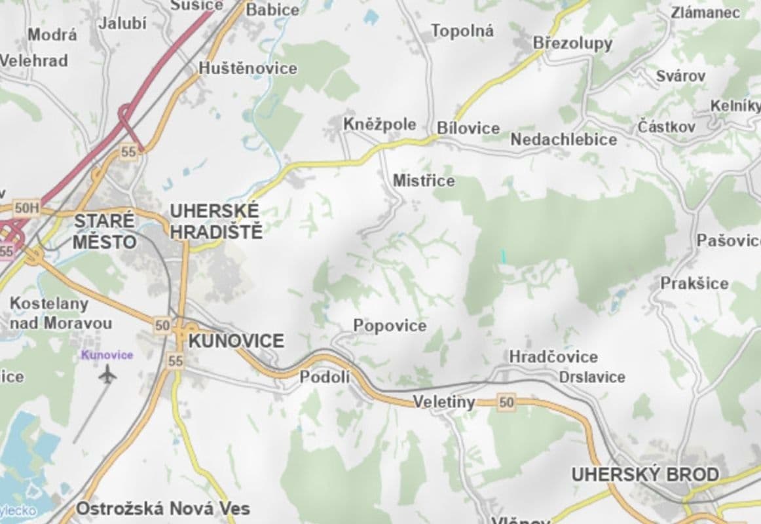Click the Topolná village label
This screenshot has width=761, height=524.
point(462,31)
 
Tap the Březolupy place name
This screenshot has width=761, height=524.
point(572,43)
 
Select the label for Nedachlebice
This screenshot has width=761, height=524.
point(563,140)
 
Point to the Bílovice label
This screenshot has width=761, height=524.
point(468,128)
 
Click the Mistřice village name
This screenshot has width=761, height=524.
point(424,181)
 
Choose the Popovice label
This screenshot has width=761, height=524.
point(390,326)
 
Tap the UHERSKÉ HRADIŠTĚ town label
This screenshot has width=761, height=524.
point(215,221)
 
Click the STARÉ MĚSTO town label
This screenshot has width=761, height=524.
point(104,231)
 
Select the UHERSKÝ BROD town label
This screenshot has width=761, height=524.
point(645,474)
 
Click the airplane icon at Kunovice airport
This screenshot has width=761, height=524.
point(107,375)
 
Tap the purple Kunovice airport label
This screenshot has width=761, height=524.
point(107,355)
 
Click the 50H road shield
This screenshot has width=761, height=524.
point(27,208)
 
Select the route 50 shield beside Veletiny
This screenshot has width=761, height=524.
point(506,402)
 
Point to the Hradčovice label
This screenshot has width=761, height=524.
point(553,357)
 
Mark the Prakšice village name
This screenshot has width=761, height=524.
point(694,284)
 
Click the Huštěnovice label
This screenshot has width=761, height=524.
point(248,68)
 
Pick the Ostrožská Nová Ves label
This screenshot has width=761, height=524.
point(163,508)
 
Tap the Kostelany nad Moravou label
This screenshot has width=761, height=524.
point(60,313)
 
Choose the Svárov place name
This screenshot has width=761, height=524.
point(681,76)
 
